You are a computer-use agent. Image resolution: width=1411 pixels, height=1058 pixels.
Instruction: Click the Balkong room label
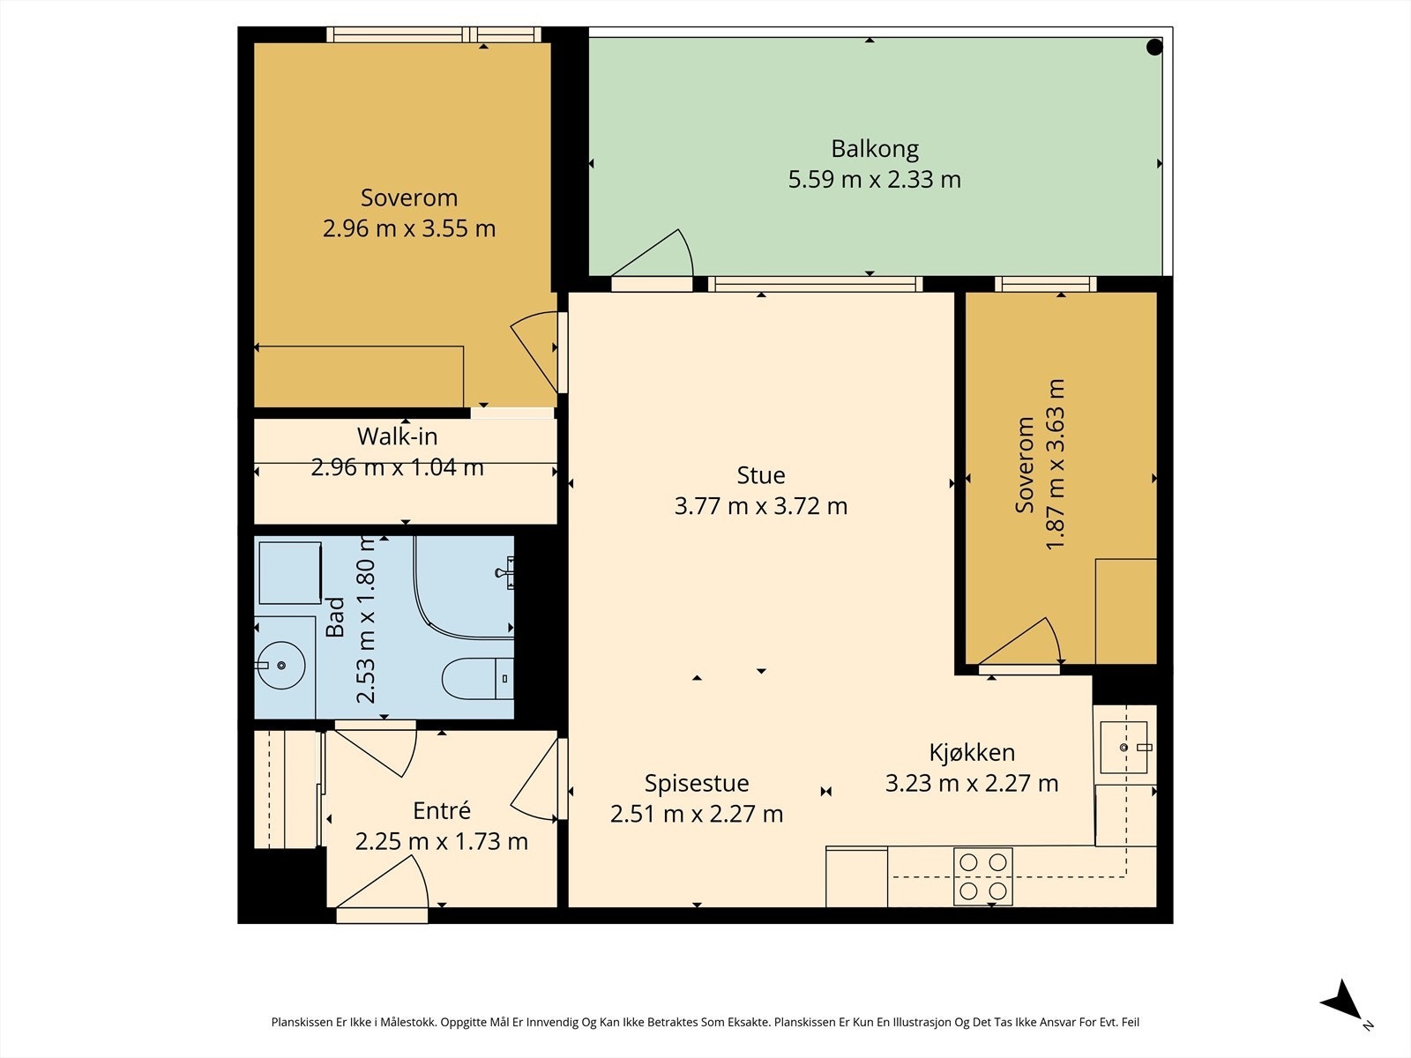point(874,149)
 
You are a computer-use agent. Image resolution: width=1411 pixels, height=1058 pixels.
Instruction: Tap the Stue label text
point(760,475)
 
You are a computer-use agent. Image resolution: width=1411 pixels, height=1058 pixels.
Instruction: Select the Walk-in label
point(397,436)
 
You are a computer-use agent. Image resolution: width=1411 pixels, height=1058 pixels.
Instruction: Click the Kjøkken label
point(971,752)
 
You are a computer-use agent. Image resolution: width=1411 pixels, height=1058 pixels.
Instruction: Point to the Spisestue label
point(696,784)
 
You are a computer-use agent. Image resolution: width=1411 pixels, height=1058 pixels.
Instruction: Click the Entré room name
point(442,810)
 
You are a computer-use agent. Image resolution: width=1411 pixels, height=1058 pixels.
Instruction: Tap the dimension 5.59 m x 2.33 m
point(874,180)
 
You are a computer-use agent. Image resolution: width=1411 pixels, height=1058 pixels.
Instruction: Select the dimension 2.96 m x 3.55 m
point(409,228)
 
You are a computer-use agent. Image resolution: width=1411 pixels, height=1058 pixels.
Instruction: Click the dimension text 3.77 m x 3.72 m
point(760,506)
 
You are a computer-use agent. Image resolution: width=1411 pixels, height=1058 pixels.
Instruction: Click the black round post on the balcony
point(1154,47)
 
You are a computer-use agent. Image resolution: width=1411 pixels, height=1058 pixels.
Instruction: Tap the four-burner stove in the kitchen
point(983,876)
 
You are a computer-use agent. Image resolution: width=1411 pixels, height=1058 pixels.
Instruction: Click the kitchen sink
point(1124,747)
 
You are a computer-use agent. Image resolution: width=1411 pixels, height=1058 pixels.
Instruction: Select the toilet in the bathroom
point(478,678)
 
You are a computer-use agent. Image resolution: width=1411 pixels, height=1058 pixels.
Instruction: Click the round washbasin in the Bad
point(280,666)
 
